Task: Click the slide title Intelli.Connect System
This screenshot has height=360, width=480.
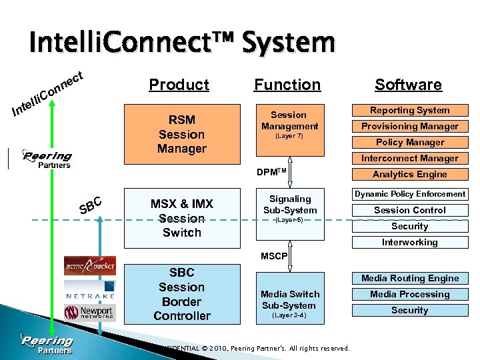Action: point(181,43)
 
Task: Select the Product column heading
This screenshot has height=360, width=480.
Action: point(179,85)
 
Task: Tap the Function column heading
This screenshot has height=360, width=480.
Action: point(287,85)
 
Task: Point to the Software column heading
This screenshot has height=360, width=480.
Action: point(408,85)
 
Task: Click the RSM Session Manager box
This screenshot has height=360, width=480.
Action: point(181,134)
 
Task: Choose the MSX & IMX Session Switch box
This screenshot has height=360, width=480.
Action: point(181,218)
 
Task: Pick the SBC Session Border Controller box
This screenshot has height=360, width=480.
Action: point(181,294)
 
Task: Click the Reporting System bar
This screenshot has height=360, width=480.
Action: point(409,111)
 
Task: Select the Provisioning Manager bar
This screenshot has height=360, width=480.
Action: point(409,127)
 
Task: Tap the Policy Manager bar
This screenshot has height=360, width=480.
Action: point(409,143)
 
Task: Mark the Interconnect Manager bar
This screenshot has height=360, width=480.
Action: point(409,159)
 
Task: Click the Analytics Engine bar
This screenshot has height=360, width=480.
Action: point(409,175)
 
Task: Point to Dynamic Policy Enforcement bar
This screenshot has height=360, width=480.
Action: point(409,194)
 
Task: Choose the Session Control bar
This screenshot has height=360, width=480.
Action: point(409,211)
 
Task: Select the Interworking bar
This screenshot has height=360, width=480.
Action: point(409,243)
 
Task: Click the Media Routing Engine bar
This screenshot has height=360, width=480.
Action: point(409,279)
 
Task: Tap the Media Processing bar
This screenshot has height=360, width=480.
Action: point(409,295)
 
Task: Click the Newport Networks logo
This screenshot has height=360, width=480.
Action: point(89,313)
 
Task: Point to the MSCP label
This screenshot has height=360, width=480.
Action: point(274,256)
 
